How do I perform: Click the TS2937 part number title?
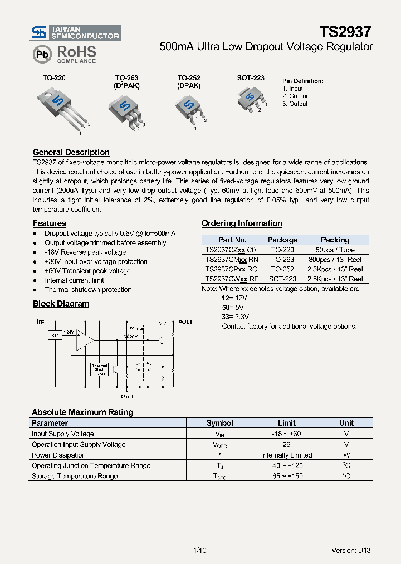coord(345,32)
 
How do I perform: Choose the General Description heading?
coord(71,152)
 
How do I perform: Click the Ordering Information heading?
coord(242,223)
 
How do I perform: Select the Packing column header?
coord(335,240)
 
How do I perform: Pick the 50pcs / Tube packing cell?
coord(335,250)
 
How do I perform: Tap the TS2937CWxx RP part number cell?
coord(232,279)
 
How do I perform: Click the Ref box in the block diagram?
coord(55,335)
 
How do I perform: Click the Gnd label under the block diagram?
coord(127,397)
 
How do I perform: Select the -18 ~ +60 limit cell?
coord(286,434)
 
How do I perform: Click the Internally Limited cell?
coord(286,455)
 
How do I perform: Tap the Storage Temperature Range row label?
coord(75,477)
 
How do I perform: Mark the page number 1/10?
coord(199,550)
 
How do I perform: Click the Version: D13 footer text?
coord(351,550)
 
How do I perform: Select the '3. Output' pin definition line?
coord(295,104)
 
